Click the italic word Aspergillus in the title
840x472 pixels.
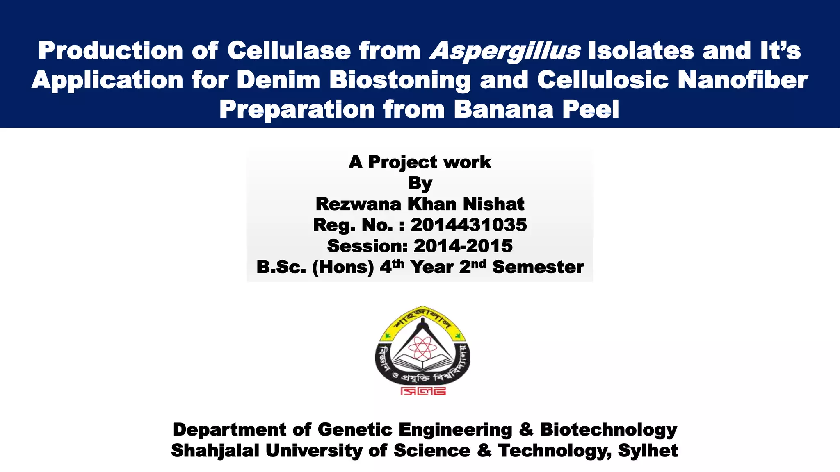pyautogui.click(x=505, y=51)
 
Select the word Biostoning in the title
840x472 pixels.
pyautogui.click(x=400, y=80)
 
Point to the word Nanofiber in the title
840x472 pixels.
pyautogui.click(x=742, y=80)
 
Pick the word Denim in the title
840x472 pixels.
pyautogui.click(x=278, y=80)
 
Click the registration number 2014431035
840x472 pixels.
pyautogui.click(x=468, y=225)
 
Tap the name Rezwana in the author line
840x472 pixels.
pyautogui.click(x=358, y=204)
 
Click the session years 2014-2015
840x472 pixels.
pyautogui.click(x=463, y=246)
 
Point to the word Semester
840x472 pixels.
pyautogui.click(x=538, y=267)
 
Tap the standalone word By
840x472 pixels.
pyautogui.click(x=420, y=183)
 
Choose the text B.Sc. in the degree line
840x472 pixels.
pyautogui.click(x=281, y=267)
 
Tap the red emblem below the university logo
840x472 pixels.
pyautogui.click(x=423, y=391)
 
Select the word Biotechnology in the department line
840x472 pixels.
pyautogui.click(x=608, y=429)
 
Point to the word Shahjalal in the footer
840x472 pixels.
pyautogui.click(x=215, y=451)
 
